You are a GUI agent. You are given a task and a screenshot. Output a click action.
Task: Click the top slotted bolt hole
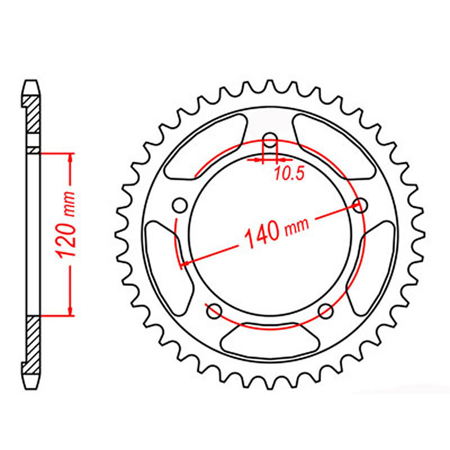pos(271,143)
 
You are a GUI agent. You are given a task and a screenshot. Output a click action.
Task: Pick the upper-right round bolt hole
pos(359,206)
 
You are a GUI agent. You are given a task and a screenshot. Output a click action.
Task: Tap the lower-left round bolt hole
pos(214,310)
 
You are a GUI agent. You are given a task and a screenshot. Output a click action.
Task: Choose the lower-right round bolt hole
pos(325,310)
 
